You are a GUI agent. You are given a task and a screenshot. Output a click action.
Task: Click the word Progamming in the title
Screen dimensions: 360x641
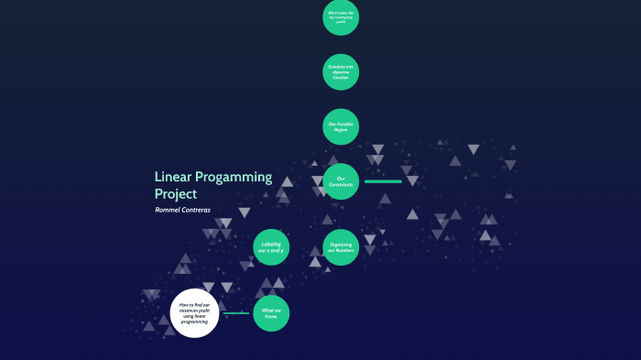tap(236, 178)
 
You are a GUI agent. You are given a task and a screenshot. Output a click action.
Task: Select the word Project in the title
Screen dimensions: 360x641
tap(176, 194)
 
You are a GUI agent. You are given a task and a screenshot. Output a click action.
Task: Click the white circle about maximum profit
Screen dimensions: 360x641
tap(195, 313)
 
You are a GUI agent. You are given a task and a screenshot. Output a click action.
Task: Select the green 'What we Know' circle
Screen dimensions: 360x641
tap(271, 313)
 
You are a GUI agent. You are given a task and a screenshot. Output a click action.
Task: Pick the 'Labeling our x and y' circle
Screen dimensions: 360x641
tap(271, 246)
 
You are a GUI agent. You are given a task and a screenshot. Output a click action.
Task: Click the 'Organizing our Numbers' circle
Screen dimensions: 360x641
tap(341, 247)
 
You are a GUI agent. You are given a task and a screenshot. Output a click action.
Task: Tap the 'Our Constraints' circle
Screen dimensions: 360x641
tap(341, 181)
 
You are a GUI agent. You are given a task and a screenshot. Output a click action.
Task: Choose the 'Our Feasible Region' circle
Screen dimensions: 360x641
tap(341, 127)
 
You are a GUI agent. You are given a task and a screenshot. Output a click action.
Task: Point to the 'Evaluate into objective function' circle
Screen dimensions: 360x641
tap(341, 72)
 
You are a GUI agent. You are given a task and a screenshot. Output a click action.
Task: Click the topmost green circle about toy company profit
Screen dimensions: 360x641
tap(341, 17)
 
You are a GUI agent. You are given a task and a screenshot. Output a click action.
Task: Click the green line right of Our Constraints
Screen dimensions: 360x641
tap(383, 181)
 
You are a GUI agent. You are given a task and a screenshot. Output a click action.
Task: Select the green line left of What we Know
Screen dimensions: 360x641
tap(235, 313)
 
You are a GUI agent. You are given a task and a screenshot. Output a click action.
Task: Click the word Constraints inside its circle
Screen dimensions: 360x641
tap(341, 185)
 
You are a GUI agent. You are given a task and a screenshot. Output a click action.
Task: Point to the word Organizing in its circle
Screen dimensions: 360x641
tap(341, 244)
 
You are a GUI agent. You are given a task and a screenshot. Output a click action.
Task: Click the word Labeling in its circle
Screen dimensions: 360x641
tap(271, 243)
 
